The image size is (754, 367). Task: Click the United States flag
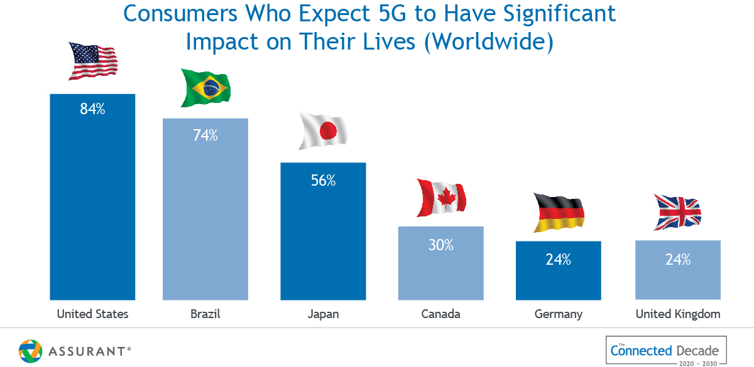point(93,62)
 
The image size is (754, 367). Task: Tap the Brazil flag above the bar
point(205,88)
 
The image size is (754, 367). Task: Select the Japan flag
point(322,132)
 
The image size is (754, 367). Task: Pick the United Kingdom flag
point(677,213)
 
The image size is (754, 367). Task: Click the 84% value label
point(92,109)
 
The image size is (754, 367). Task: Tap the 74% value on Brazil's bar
point(205,135)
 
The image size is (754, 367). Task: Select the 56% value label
point(323,181)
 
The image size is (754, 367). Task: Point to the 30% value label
point(440,245)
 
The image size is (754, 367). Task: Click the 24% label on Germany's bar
point(558,260)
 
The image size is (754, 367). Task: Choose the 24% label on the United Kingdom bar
point(678,259)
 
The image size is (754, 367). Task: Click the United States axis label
point(92,314)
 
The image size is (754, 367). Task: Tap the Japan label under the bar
point(323,314)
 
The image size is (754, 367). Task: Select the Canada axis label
point(440,314)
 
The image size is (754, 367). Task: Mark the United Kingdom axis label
point(678,314)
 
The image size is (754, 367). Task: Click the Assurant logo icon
point(30,351)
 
